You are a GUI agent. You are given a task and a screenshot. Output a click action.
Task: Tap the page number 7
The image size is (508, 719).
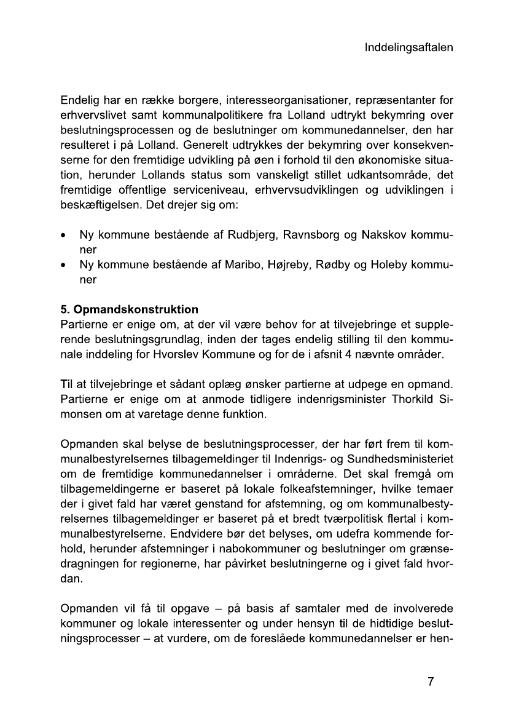[431, 681]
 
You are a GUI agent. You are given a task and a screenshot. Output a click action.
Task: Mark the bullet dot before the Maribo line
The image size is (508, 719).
[64, 266]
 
